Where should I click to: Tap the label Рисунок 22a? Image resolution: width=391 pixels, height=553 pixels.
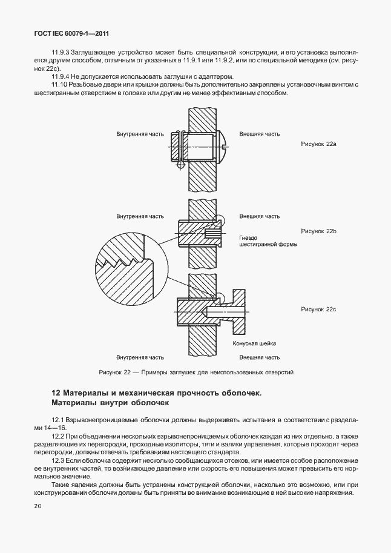(x=318, y=145)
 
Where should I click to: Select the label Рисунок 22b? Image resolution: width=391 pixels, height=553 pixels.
(x=318, y=231)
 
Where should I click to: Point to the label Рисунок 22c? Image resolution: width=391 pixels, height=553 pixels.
(x=318, y=310)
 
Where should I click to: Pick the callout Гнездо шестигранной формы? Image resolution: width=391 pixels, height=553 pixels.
(x=255, y=242)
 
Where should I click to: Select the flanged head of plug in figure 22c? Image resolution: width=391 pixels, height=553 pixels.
(x=239, y=312)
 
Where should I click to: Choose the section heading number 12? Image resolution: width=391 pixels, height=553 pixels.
(x=56, y=392)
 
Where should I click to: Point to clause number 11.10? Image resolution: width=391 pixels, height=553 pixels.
(x=61, y=84)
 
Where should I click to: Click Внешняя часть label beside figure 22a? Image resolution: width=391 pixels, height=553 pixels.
(x=259, y=133)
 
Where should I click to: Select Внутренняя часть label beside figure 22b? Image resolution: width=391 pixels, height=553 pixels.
(x=140, y=216)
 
